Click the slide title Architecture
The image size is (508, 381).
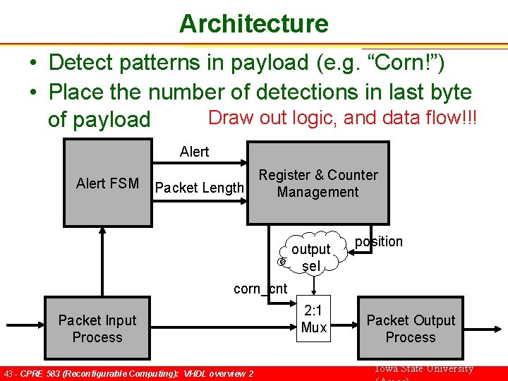pyautogui.click(x=253, y=23)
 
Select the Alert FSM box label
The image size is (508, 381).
pyautogui.click(x=107, y=183)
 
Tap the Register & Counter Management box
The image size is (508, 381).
pyautogui.click(x=317, y=183)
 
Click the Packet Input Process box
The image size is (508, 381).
pyautogui.click(x=97, y=329)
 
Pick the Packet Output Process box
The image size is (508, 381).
pyautogui.click(x=410, y=329)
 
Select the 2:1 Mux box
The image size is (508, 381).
pyautogui.click(x=313, y=319)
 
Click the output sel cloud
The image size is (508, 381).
pyautogui.click(x=311, y=258)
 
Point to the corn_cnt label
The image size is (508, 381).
pyautogui.click(x=260, y=288)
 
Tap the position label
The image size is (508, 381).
pyautogui.click(x=379, y=241)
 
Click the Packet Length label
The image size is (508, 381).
pyautogui.click(x=199, y=188)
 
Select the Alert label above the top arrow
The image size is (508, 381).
pyautogui.click(x=194, y=152)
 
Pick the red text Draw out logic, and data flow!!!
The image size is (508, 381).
pyautogui.click(x=343, y=117)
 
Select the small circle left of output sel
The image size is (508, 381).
pyautogui.click(x=281, y=262)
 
